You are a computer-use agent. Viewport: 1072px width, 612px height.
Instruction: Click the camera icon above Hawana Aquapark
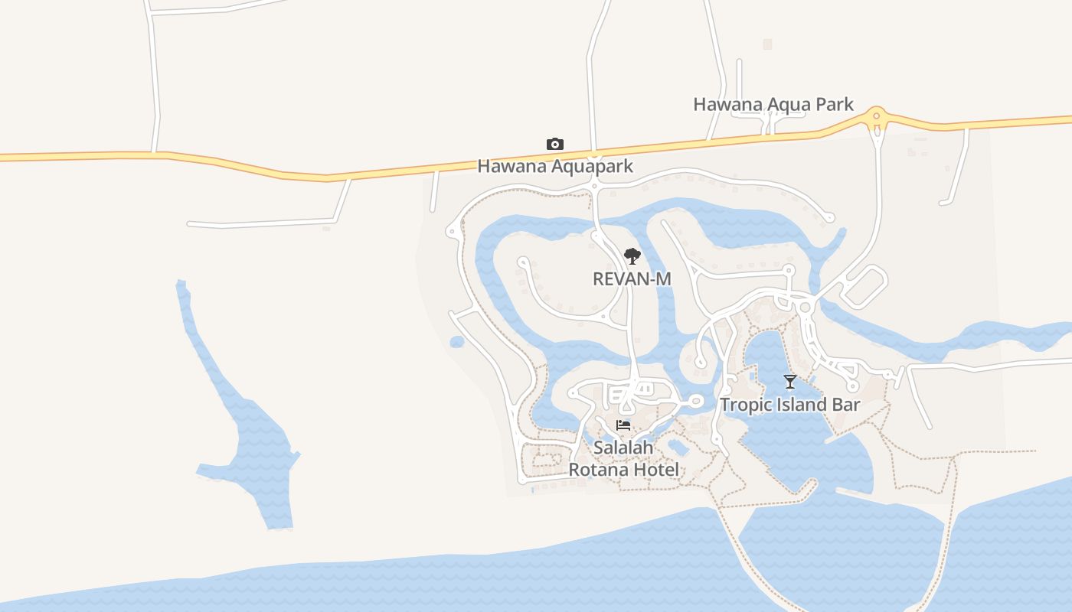click(555, 144)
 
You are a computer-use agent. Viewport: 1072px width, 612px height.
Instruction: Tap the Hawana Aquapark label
click(555, 166)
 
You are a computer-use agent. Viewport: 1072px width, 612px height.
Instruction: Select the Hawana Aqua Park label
click(773, 105)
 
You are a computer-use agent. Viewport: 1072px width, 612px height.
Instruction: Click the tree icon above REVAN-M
click(632, 256)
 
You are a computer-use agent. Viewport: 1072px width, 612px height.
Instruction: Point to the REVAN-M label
click(632, 279)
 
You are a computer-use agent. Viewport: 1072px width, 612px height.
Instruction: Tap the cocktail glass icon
click(790, 381)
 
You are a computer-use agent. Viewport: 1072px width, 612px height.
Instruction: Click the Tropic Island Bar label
click(790, 405)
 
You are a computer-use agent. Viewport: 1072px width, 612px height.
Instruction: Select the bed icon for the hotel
click(623, 425)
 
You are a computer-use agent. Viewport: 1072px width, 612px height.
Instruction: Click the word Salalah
click(623, 447)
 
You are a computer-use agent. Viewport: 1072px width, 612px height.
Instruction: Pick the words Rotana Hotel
click(623, 469)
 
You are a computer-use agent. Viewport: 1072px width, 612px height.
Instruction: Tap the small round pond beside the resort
click(457, 342)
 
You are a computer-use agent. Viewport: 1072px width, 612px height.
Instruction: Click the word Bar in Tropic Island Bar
click(845, 405)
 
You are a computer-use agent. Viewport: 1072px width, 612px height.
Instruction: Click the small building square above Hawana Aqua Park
click(767, 44)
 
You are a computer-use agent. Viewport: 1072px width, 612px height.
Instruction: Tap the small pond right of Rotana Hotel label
click(678, 446)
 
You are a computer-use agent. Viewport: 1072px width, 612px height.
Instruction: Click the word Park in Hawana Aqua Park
click(834, 105)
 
